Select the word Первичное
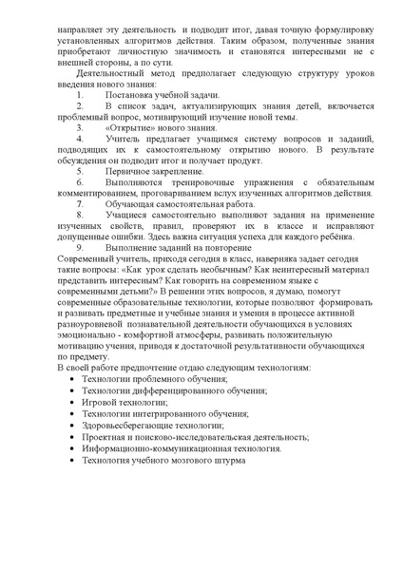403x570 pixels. coord(127,183)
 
